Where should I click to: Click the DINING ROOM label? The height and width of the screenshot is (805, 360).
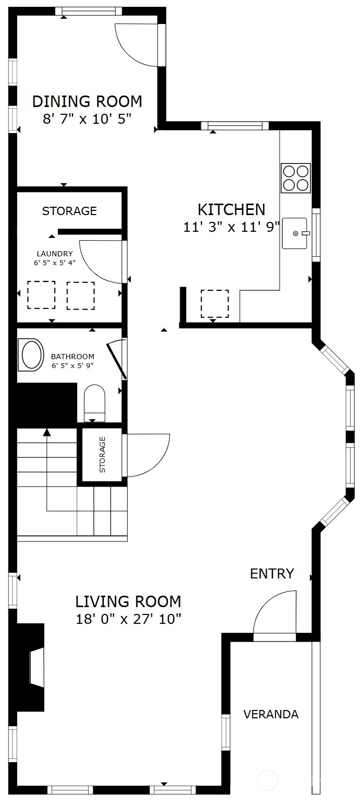[x=87, y=102]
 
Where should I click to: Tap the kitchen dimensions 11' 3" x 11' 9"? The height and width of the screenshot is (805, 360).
[x=231, y=227]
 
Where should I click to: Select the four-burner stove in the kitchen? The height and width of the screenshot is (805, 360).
[x=296, y=178]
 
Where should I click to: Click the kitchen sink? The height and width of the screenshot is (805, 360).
[x=295, y=233]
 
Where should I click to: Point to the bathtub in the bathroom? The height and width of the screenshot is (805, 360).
[x=31, y=354]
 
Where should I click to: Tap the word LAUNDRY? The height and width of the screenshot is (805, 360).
[x=55, y=254]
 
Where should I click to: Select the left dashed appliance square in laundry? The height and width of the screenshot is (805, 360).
[x=41, y=294]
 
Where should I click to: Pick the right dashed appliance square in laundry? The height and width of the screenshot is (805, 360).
[x=81, y=295]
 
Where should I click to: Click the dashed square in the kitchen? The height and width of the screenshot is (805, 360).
[x=215, y=304]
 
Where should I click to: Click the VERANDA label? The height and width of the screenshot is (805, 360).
[x=271, y=714]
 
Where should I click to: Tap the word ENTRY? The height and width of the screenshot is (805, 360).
[x=272, y=574]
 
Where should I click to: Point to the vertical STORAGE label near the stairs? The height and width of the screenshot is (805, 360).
[x=102, y=455]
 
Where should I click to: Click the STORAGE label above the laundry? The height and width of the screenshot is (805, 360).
[x=69, y=211]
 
